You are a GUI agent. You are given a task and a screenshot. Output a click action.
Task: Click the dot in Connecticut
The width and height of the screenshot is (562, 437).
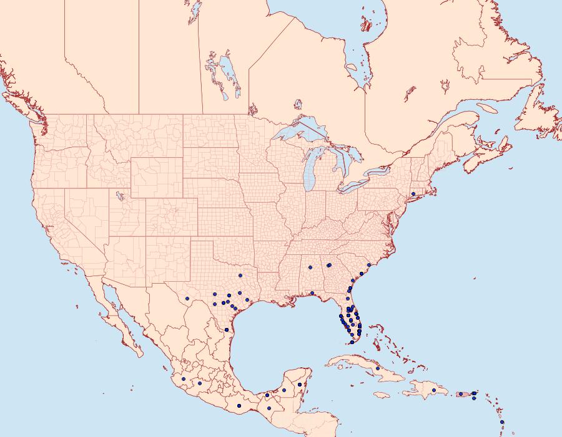tap(413, 194)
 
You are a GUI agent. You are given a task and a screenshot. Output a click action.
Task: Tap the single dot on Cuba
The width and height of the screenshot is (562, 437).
tap(378, 368)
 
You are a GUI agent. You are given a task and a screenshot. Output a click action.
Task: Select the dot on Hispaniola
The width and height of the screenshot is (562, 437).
tap(433, 390)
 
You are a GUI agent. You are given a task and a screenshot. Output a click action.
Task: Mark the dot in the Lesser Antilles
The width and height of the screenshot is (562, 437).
tap(502, 423)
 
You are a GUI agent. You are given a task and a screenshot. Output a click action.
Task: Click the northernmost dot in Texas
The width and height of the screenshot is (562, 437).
tap(240, 276)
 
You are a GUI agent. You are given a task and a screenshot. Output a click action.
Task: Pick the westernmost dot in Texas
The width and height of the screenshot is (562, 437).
tap(214, 294)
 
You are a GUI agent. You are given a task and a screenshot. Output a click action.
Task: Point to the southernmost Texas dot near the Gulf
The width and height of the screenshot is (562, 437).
tap(226, 329)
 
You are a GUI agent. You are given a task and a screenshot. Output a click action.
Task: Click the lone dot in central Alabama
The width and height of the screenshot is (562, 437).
tap(310, 267)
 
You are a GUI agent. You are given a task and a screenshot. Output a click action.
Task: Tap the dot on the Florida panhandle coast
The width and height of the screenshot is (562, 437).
tap(312, 293)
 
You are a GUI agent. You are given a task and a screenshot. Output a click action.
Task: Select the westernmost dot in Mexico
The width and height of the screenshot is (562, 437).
tap(183, 378)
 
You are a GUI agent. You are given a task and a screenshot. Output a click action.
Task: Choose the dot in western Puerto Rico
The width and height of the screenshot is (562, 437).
tap(460, 393)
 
